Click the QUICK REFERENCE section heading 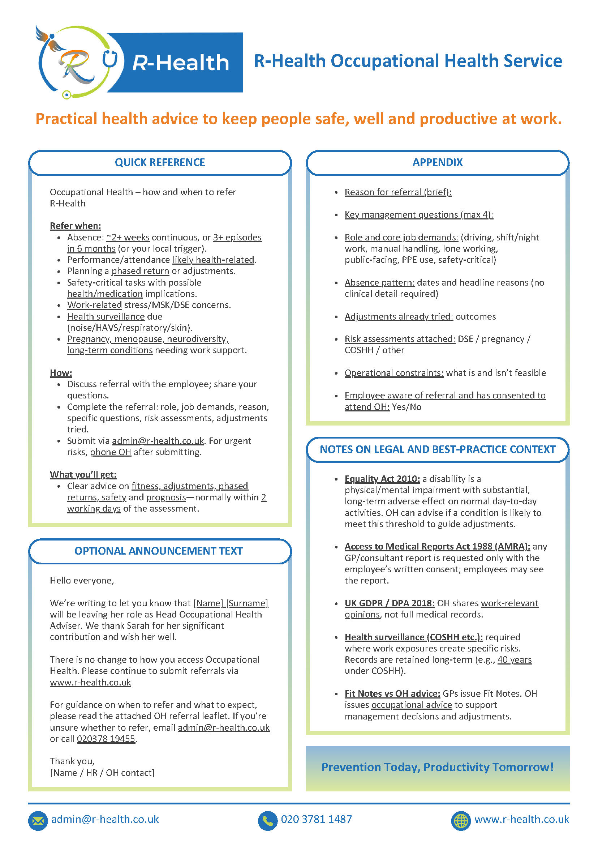160,162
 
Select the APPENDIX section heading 438,162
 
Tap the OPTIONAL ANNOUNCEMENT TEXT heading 158,551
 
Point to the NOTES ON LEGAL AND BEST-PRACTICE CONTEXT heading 438,449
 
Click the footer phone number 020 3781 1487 316,819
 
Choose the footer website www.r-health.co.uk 521,819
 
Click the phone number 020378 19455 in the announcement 106,739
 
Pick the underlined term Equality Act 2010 382,479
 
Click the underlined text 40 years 515,659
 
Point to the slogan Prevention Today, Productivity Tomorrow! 438,767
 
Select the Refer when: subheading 76,226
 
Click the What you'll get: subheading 83,475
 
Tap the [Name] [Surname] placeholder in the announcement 231,603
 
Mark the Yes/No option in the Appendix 406,407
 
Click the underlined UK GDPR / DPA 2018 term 390,603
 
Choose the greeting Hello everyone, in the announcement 82,581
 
